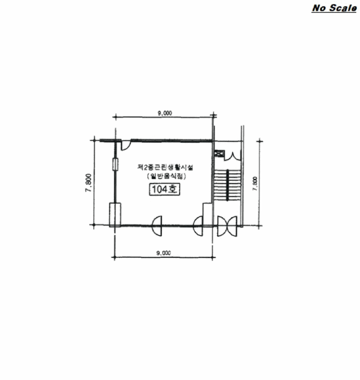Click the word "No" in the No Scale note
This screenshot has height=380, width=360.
pos(319,8)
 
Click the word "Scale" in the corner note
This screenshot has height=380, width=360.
pos(342,8)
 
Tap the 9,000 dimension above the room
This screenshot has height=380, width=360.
pos(165,113)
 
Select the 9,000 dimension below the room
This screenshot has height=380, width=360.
pos(163,253)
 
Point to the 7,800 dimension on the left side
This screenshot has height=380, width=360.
pos(89,183)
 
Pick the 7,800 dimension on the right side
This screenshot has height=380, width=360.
pos(255,183)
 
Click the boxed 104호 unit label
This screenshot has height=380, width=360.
pos(165,189)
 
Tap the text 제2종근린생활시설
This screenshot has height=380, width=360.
pos(165,167)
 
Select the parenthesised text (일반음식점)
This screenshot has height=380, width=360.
pos(166,176)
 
